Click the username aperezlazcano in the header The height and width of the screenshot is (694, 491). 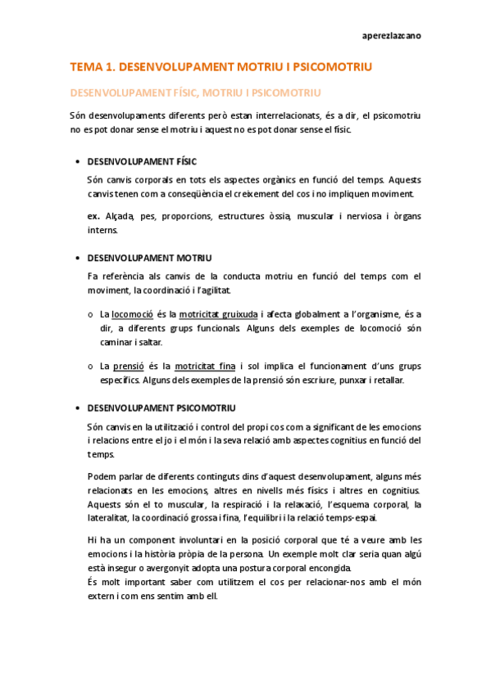pyautogui.click(x=393, y=36)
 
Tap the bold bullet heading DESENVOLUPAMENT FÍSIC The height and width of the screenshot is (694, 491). pyautogui.click(x=142, y=161)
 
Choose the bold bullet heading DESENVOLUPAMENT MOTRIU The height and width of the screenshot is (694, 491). pyautogui.click(x=149, y=258)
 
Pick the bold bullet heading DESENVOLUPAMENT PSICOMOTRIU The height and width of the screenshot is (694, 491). pyautogui.click(x=161, y=408)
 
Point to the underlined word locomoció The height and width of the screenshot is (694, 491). pyautogui.click(x=133, y=313)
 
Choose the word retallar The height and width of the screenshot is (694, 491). pyautogui.click(x=386, y=381)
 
